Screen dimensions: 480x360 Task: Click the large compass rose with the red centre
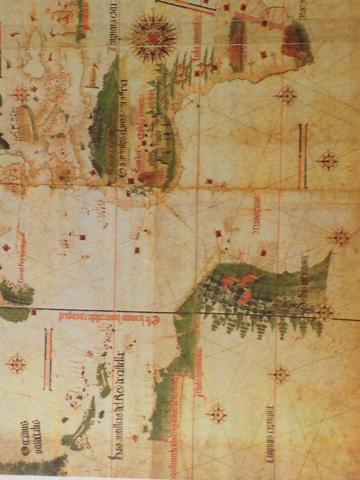(x=153, y=38)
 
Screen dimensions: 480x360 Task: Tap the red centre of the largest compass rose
(x=153, y=38)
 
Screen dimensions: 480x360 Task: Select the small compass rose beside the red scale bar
(x=16, y=363)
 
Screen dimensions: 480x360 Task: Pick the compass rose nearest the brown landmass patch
(x=286, y=95)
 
